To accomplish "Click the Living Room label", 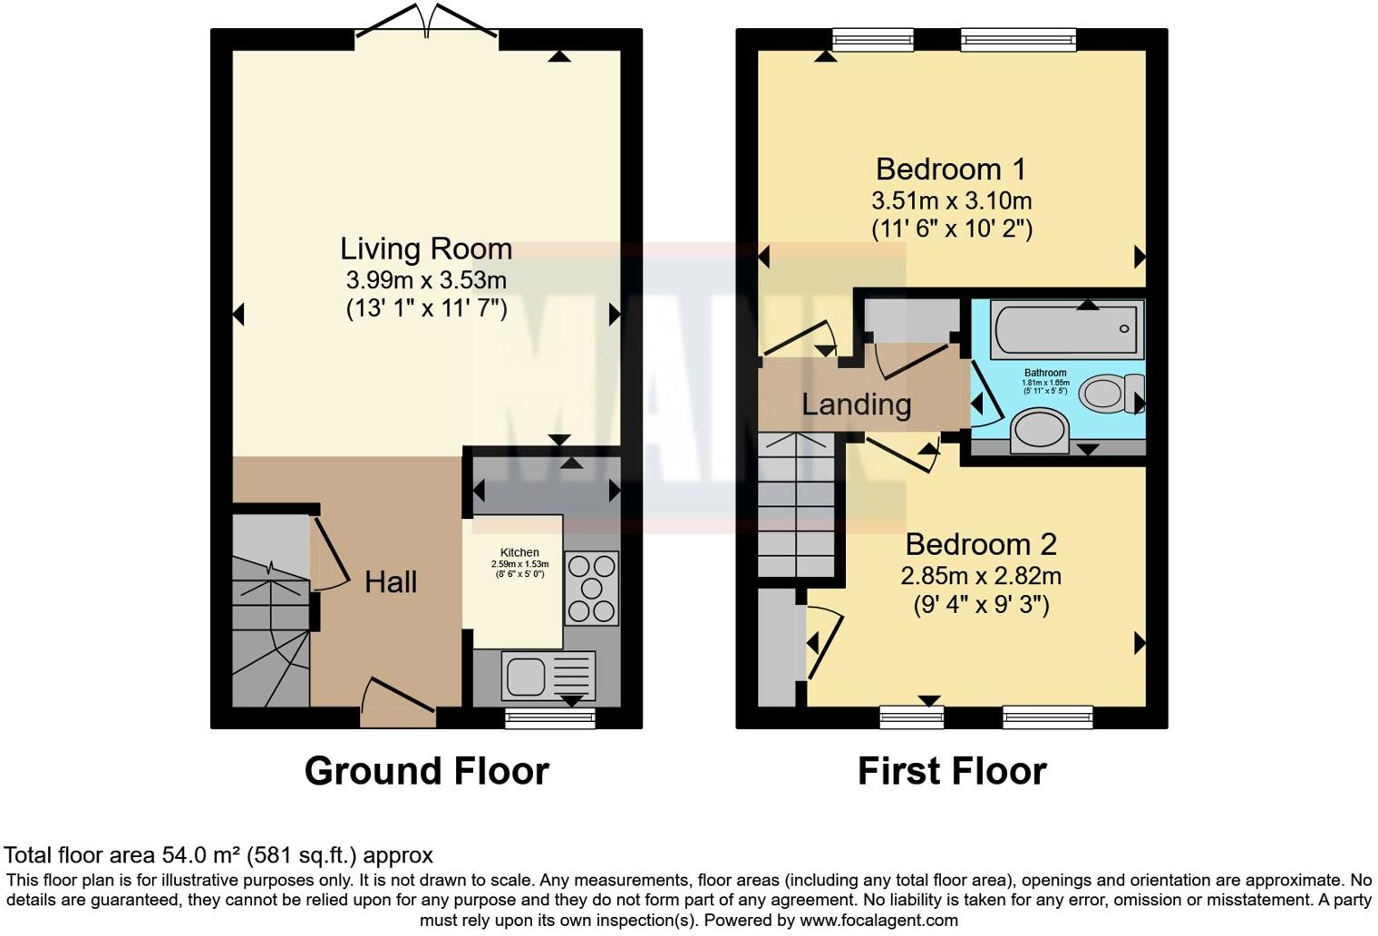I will pos(426,249).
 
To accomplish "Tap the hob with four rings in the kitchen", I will pos(592,588).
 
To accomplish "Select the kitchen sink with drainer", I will pos(548,675).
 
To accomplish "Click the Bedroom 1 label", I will pos(950,170).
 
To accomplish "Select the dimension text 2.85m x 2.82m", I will pos(981,575).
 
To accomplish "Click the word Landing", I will pos(856,405).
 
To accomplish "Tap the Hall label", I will pos(391,581).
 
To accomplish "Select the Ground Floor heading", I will pos(426,771).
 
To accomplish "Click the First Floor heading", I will pos(952,771).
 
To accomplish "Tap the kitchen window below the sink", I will pos(550,718).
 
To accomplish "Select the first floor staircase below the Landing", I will pos(796,508).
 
